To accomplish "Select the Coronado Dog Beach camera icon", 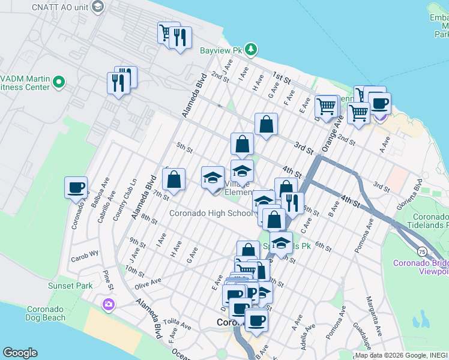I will [109, 305].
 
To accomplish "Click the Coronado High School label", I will [211, 213].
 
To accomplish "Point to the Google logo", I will [20, 353].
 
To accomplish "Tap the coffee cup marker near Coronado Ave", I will [76, 187].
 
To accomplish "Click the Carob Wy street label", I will [85, 254].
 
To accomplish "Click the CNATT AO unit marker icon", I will [99, 7].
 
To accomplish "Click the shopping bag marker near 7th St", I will [173, 180].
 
